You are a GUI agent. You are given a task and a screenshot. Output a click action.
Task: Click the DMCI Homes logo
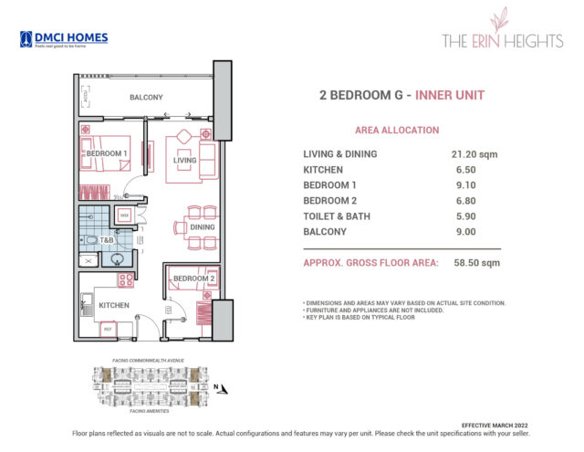click(64, 39)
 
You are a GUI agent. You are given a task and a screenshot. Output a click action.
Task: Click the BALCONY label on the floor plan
click(146, 97)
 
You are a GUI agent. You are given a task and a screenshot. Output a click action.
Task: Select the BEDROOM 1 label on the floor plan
click(107, 153)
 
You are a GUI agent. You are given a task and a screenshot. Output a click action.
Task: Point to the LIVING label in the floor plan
click(185, 160)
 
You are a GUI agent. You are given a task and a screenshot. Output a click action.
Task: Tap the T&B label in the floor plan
click(106, 241)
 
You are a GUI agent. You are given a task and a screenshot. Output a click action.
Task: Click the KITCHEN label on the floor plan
click(115, 305)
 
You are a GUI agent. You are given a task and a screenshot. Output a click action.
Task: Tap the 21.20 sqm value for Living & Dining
click(474, 154)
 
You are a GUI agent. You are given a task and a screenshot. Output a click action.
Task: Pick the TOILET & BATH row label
click(342, 216)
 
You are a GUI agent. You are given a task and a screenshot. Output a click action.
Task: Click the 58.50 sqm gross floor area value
click(477, 263)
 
